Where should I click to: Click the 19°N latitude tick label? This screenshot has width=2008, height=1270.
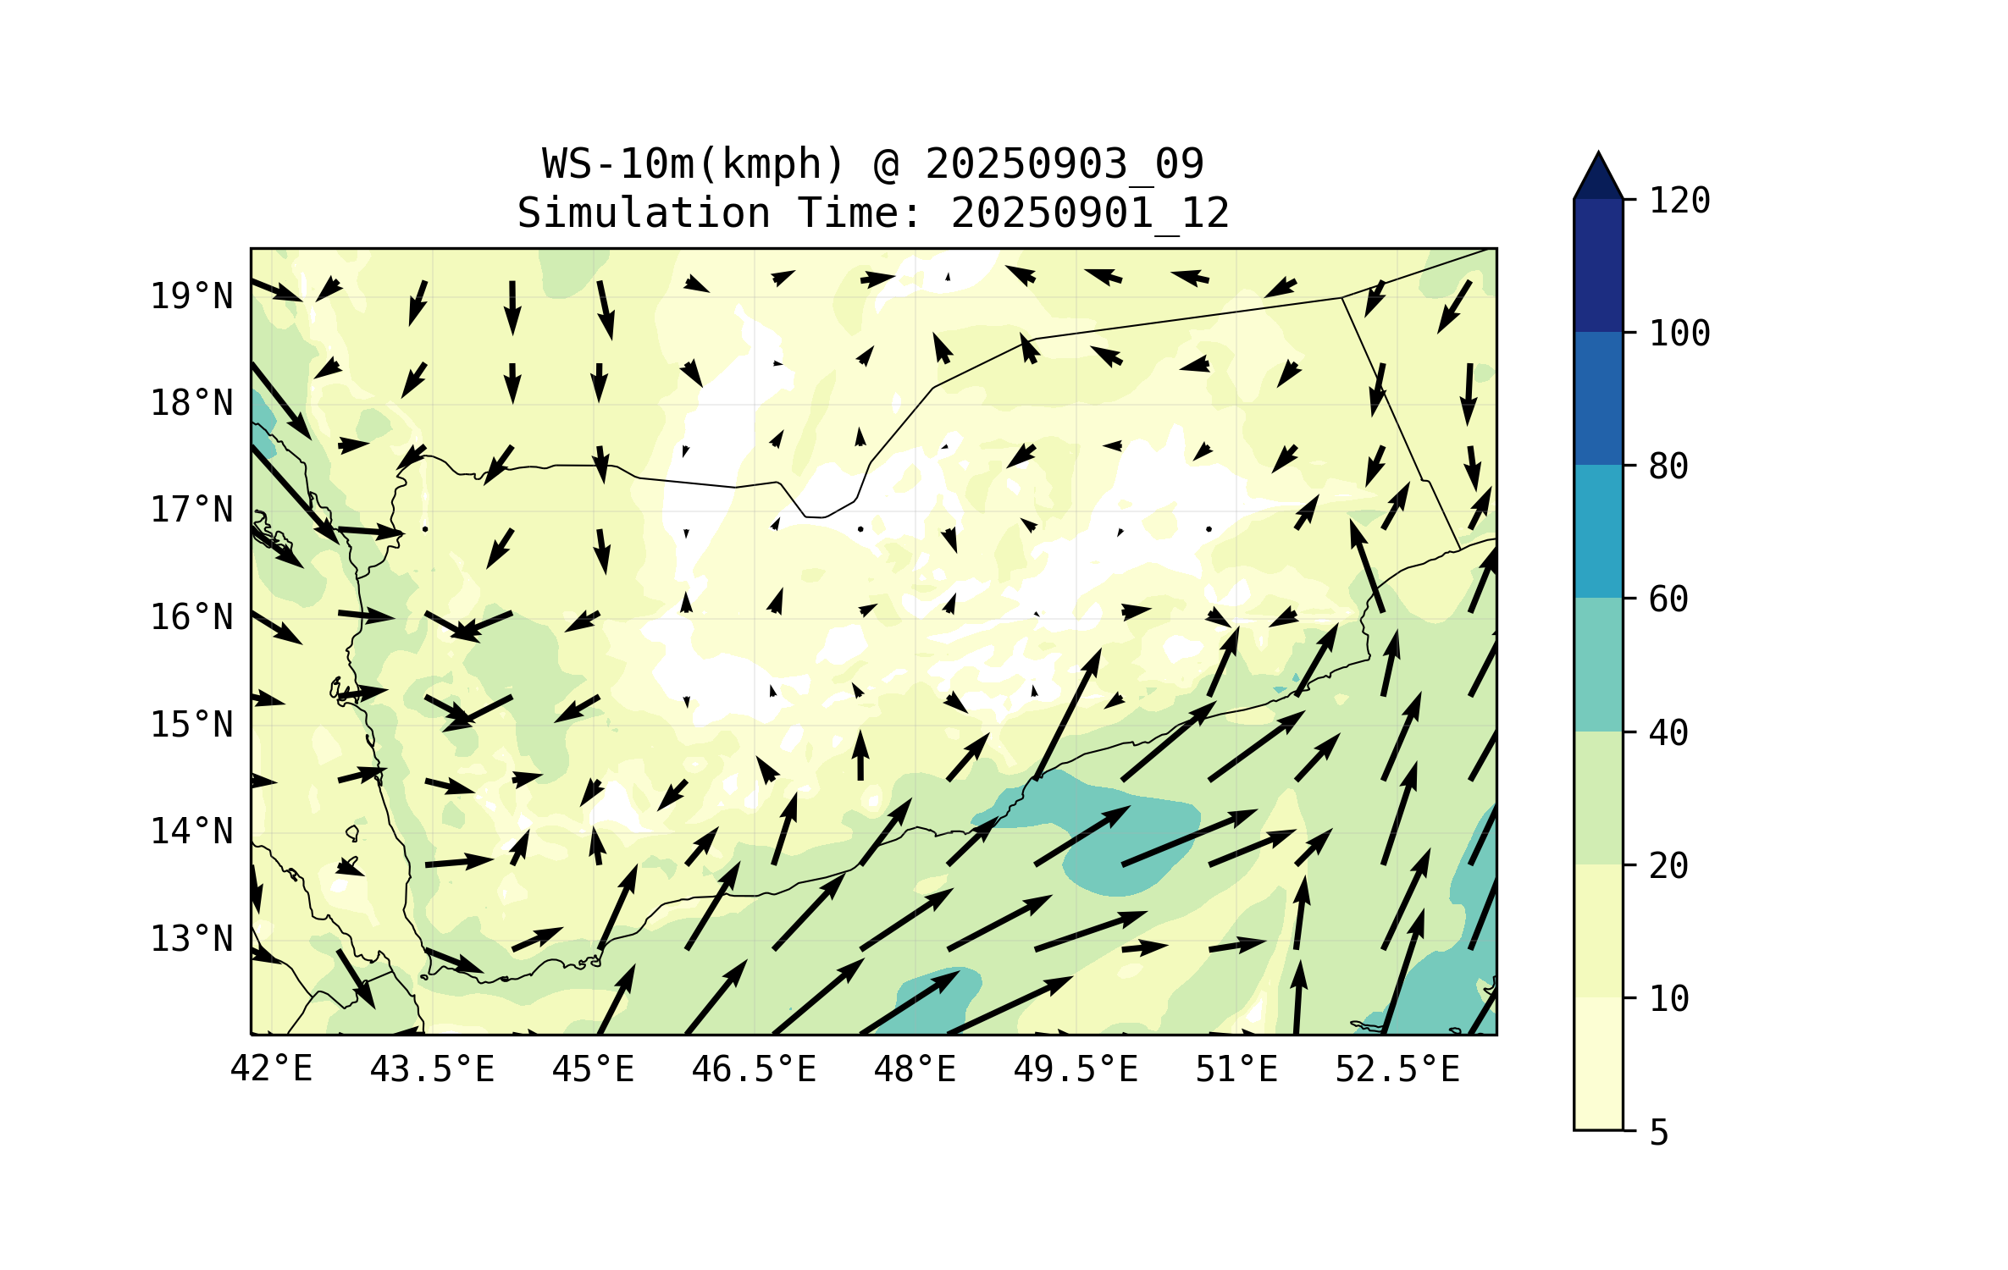(191, 296)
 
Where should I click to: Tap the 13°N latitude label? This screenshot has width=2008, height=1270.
(191, 939)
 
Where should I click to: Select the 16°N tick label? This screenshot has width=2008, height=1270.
(191, 617)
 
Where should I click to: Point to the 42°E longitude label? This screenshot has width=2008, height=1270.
(271, 1069)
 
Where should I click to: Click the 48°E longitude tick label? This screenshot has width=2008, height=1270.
(915, 1069)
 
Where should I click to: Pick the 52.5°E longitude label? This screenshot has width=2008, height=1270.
(1397, 1069)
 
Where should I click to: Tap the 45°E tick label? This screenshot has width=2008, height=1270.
(593, 1069)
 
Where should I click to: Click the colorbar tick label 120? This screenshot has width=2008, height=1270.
(1679, 201)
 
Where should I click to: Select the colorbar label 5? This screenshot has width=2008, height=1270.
(1659, 1133)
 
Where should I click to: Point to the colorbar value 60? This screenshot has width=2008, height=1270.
(1668, 599)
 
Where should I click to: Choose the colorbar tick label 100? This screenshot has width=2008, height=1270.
(1679, 334)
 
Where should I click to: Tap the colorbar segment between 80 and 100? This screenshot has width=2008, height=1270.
(1598, 398)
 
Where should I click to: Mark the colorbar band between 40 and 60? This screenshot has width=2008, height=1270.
(1598, 665)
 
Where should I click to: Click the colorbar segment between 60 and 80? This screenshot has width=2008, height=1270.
(1598, 531)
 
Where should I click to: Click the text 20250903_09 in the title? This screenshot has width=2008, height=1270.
(1065, 164)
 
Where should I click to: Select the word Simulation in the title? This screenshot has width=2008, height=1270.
(644, 213)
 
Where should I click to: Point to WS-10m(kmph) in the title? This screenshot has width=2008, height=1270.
(694, 164)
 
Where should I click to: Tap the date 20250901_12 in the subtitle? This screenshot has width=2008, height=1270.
(1090, 213)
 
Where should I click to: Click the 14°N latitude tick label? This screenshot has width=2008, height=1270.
(191, 831)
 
